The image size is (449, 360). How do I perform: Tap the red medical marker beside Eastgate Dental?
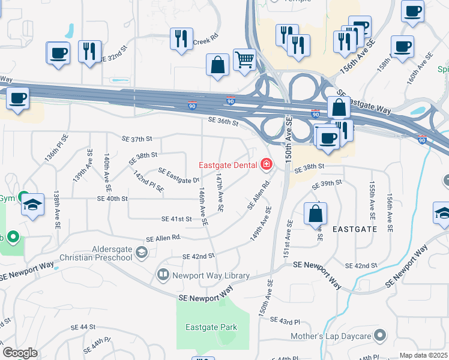coord(266,164)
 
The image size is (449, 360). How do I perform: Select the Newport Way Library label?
coord(211,275)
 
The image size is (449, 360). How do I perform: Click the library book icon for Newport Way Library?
coord(163,275)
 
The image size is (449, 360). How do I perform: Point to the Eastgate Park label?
coord(211,328)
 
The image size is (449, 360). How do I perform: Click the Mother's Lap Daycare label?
coord(332,337)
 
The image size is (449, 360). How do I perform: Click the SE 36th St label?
coord(223,122)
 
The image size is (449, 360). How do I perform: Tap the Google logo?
coord(20,353)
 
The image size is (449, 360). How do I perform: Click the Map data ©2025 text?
coord(423,355)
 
